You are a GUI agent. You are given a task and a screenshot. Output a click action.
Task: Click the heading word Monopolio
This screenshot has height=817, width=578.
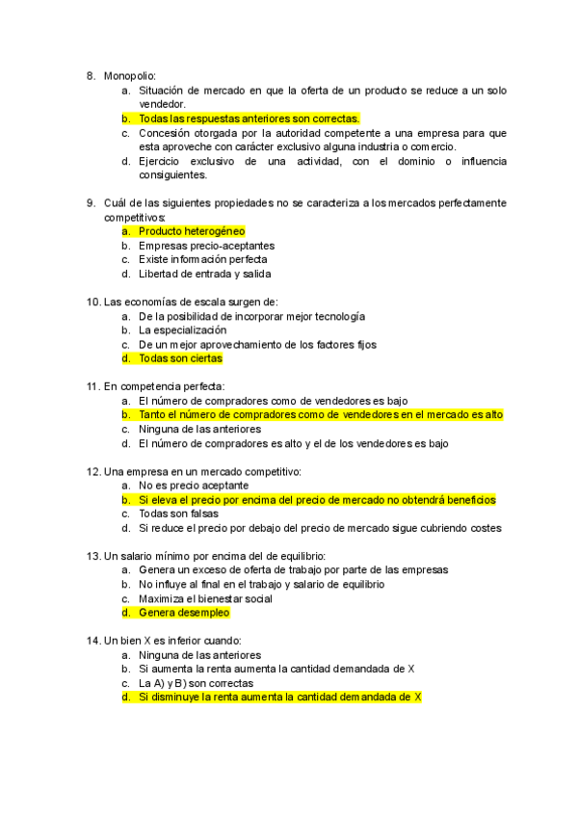(129, 75)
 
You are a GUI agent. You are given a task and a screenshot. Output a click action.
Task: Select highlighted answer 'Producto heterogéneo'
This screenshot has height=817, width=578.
(192, 231)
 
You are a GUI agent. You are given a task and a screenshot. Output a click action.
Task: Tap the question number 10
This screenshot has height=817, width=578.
(93, 302)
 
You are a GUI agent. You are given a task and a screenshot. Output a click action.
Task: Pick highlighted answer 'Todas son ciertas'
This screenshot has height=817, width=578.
(180, 358)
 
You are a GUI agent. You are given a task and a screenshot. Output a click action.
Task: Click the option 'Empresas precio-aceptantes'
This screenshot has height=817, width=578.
(206, 246)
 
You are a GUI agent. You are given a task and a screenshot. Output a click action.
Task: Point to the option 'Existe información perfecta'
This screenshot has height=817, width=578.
(202, 259)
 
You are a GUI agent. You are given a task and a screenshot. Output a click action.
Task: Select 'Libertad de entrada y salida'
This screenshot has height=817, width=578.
(204, 274)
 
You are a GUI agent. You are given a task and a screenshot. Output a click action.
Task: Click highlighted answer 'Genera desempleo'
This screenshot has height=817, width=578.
(184, 612)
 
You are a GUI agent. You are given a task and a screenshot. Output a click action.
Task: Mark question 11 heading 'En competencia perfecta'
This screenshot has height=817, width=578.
(163, 386)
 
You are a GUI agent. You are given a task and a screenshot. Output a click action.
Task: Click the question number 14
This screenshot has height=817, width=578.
(93, 640)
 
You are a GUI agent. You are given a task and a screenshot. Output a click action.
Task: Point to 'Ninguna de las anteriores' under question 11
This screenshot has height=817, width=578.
(199, 429)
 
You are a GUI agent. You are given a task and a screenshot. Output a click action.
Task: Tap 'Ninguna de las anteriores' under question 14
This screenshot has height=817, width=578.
(199, 654)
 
